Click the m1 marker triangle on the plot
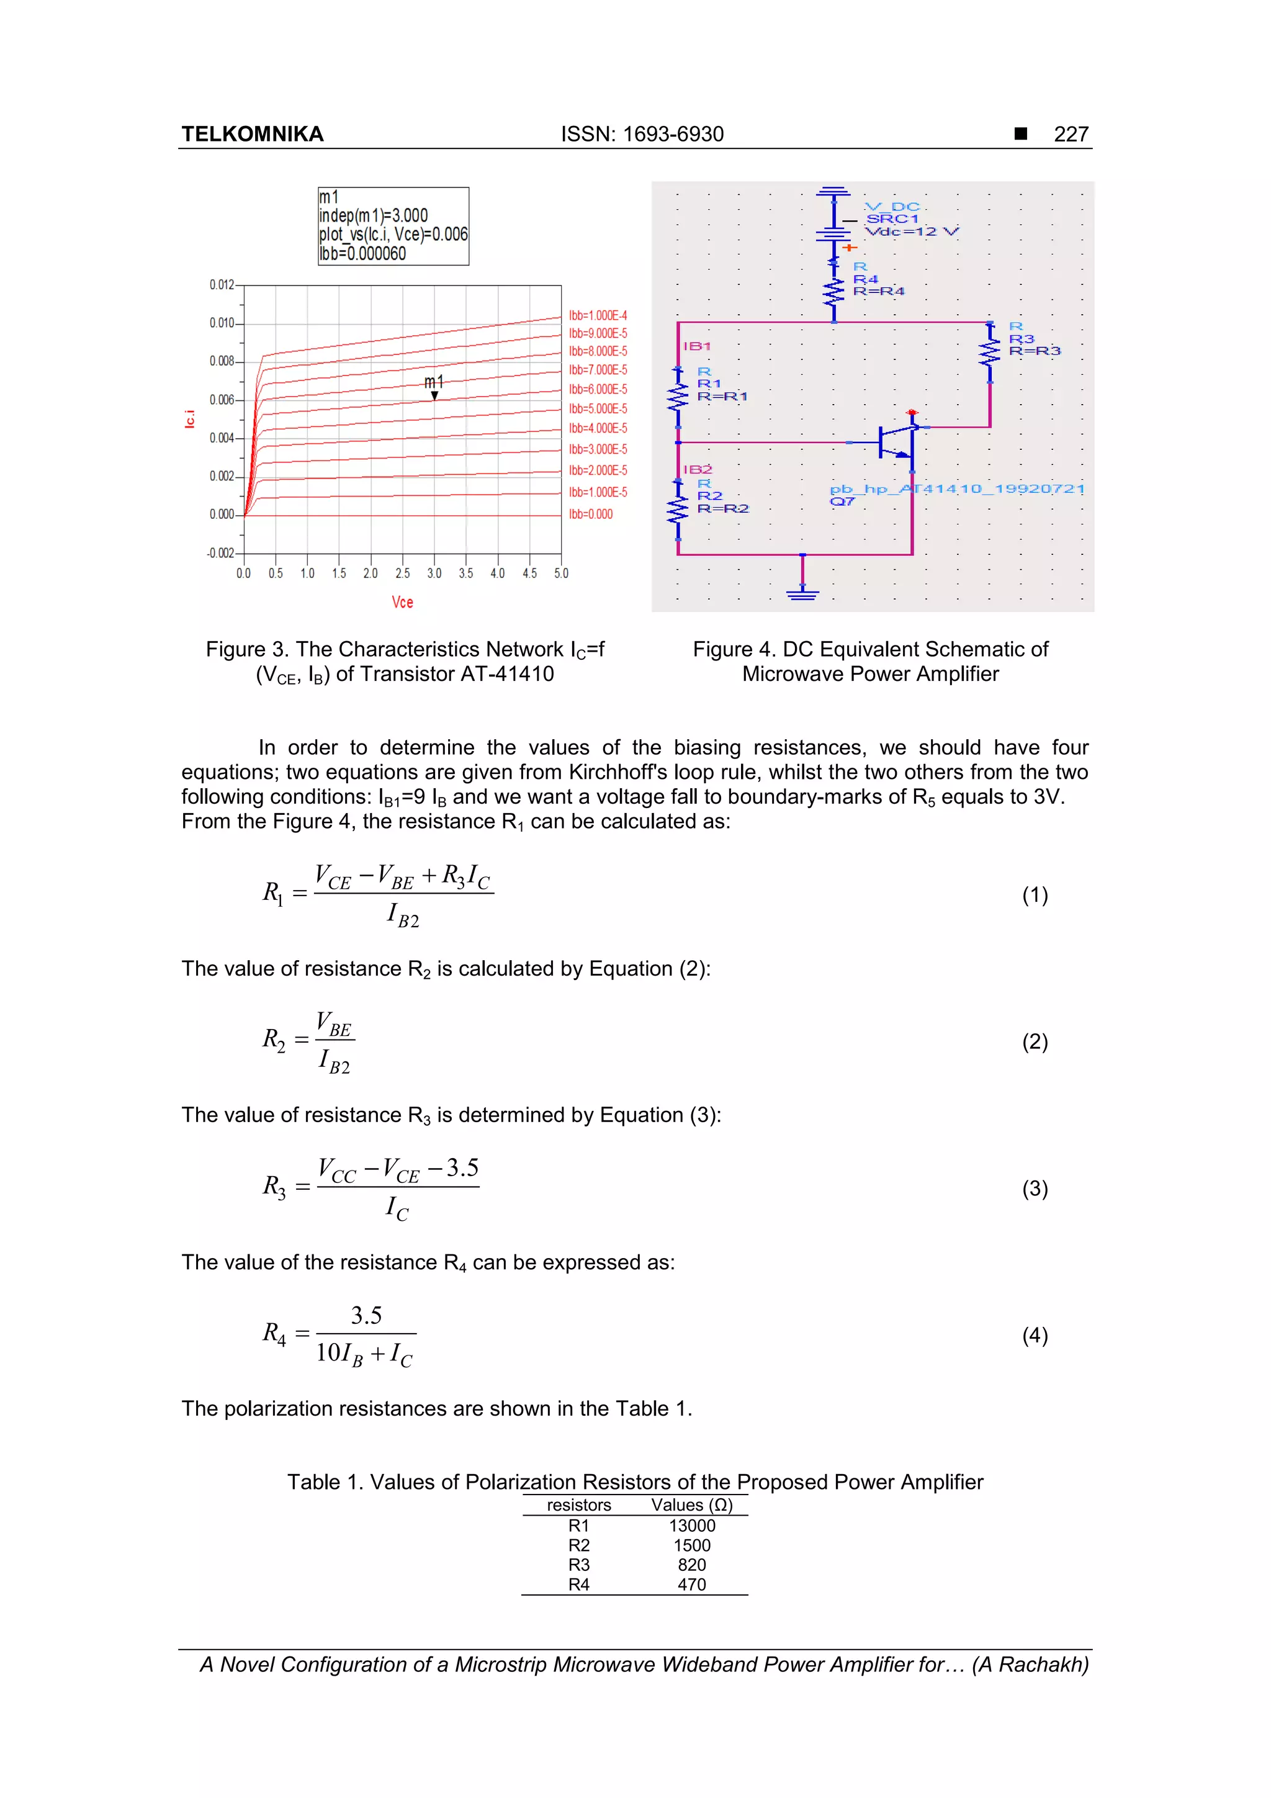click(434, 395)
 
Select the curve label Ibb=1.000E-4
click(598, 315)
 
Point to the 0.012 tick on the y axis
click(222, 285)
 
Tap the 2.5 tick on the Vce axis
click(403, 573)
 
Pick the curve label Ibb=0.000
click(590, 515)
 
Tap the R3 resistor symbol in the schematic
click(990, 352)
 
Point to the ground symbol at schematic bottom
click(802, 593)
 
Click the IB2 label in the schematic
click(697, 469)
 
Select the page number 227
click(1071, 135)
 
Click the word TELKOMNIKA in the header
click(252, 135)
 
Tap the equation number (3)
click(1035, 1189)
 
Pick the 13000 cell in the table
click(691, 1526)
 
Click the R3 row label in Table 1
click(579, 1565)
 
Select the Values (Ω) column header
click(691, 1505)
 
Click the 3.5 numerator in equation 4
click(366, 1316)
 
